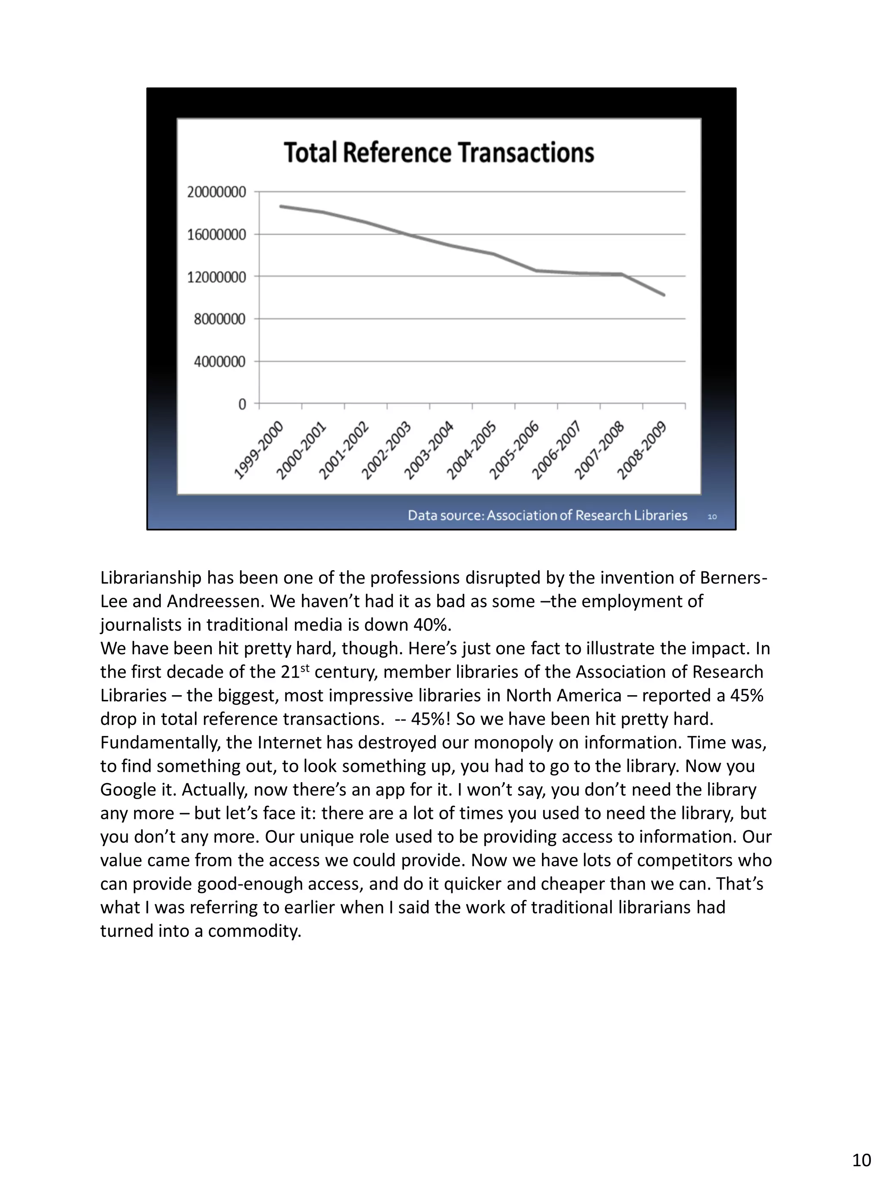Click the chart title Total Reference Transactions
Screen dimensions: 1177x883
click(438, 152)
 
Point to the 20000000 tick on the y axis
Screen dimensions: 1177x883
click(216, 192)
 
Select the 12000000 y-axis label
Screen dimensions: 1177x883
click(216, 277)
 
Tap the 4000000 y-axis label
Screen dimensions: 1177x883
click(219, 362)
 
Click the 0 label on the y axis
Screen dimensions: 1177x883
click(242, 404)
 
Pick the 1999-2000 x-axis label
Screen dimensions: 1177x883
click(259, 450)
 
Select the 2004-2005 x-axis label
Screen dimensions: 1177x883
click(472, 450)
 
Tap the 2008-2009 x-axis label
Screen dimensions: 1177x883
click(642, 450)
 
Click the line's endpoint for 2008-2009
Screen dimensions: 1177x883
click(664, 295)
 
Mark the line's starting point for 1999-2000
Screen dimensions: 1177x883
click(281, 206)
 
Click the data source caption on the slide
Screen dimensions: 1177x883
click(547, 515)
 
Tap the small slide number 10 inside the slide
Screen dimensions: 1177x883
click(712, 517)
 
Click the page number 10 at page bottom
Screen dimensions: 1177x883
click(861, 1159)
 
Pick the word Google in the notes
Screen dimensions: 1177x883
click(125, 790)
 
